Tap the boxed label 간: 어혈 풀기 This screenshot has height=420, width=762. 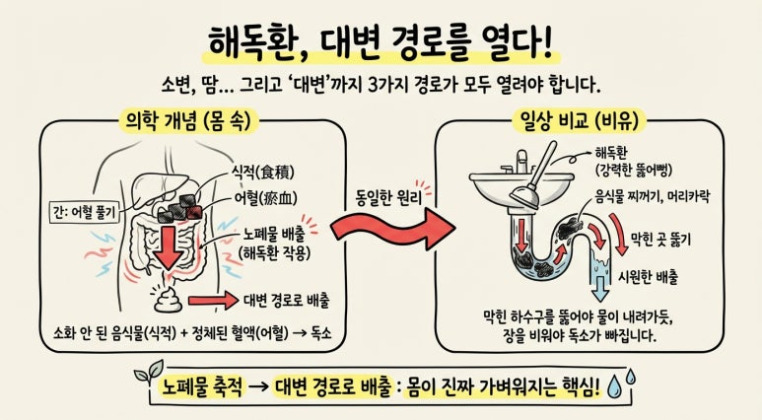84,212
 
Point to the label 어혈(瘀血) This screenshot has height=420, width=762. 265,198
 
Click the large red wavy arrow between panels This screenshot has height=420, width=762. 392,229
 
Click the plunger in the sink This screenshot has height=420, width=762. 533,177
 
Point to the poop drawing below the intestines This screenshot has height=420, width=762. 169,298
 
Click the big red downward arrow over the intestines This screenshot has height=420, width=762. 170,245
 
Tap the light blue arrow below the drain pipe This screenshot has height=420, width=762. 600,288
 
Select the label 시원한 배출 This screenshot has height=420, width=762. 648,277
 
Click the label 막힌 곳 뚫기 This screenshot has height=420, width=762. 660,240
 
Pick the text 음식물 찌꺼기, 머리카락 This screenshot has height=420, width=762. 653,196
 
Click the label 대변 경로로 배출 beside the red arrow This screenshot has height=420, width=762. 287,301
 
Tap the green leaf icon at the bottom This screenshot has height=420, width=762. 150,372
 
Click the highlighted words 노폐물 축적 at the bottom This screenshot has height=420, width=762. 202,386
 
